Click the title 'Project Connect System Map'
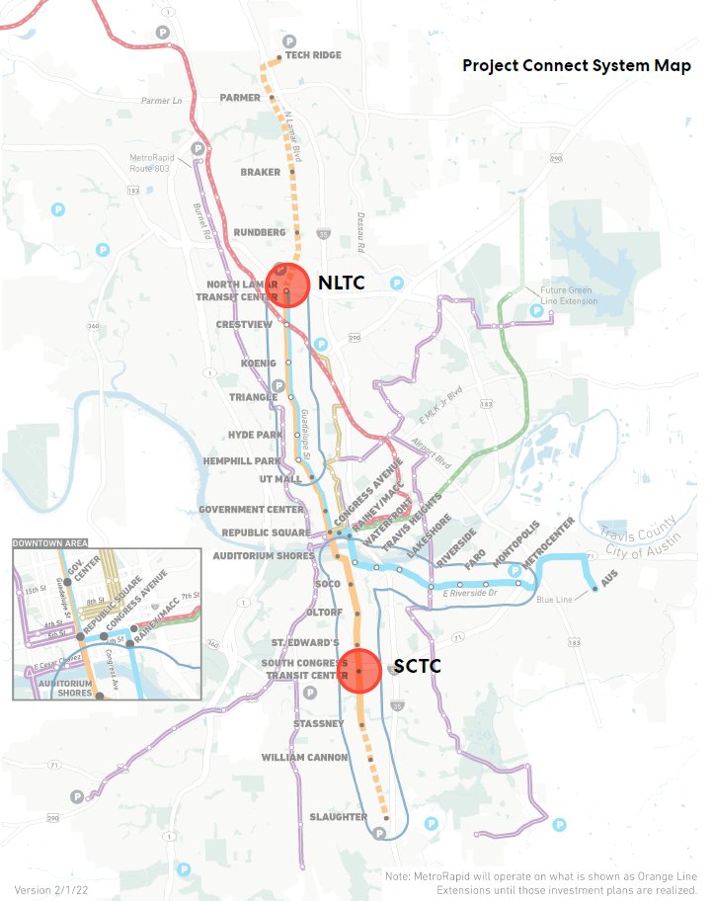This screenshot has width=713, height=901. pyautogui.click(x=577, y=66)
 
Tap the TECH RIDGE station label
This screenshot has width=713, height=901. pyautogui.click(x=313, y=55)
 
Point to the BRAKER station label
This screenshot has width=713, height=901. pyautogui.click(x=261, y=172)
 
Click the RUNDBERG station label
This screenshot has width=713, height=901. pyautogui.click(x=260, y=232)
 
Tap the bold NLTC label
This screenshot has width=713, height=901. pyautogui.click(x=342, y=284)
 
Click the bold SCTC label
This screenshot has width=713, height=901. pyautogui.click(x=417, y=667)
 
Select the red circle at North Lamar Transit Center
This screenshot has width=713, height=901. pyautogui.click(x=287, y=287)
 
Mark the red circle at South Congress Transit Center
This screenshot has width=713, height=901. pyautogui.click(x=359, y=670)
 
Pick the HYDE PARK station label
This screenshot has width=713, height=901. pyautogui.click(x=256, y=434)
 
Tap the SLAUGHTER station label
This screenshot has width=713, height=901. pyautogui.click(x=339, y=817)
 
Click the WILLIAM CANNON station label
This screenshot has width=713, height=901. pyautogui.click(x=304, y=757)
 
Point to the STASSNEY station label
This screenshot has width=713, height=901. pyautogui.click(x=318, y=723)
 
